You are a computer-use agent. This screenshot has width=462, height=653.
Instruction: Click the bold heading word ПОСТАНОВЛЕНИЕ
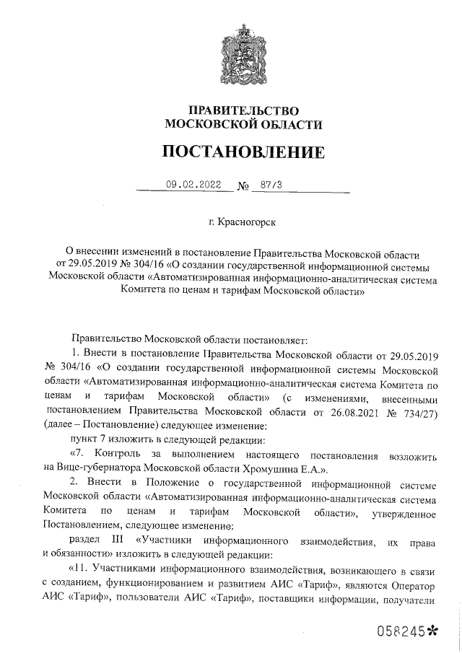tap(243, 152)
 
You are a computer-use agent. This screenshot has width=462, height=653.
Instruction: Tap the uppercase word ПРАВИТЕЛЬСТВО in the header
tap(243, 110)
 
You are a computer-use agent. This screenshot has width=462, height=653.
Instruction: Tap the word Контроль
tap(115, 454)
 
